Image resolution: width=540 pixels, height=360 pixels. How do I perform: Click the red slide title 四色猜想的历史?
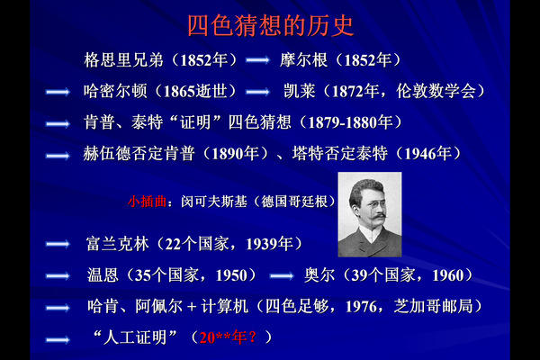click(x=271, y=26)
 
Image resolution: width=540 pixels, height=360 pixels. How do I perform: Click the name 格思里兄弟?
click(x=123, y=60)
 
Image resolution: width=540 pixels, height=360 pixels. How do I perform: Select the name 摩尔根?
click(x=303, y=60)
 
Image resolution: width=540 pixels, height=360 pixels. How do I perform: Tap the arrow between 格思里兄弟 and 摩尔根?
click(x=257, y=60)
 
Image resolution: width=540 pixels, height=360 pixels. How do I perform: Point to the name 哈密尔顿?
click(x=115, y=91)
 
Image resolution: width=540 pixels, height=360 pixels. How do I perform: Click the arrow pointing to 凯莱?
click(x=257, y=92)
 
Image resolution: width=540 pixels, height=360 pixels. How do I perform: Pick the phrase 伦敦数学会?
click(x=436, y=91)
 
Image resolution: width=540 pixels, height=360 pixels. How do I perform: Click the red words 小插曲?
click(x=147, y=202)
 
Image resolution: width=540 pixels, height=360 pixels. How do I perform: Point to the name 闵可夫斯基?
click(x=214, y=202)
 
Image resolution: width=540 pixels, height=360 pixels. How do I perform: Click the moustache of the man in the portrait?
click(x=377, y=217)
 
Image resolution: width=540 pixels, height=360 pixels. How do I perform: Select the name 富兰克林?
click(x=118, y=244)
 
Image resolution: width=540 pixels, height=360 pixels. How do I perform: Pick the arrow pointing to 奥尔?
click(x=282, y=276)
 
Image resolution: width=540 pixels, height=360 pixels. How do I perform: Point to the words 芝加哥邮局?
click(x=433, y=306)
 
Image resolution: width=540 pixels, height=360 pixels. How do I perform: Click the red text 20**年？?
click(x=229, y=337)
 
